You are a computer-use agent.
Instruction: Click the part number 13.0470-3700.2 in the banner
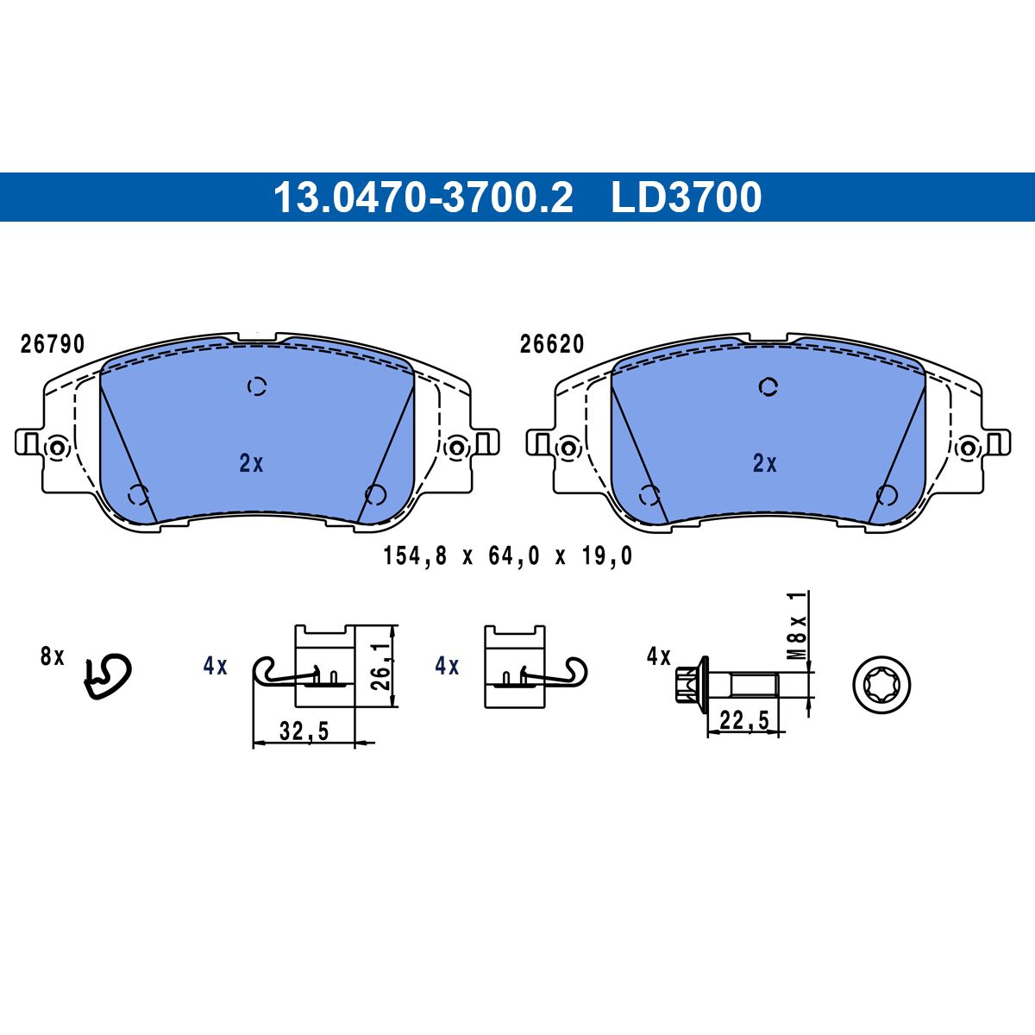[x=423, y=198]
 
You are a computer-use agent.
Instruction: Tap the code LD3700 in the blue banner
[x=687, y=198]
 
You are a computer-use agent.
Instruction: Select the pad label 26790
[x=53, y=344]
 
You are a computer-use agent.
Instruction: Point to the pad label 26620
[x=552, y=344]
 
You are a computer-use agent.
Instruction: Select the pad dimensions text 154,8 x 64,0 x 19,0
[x=507, y=556]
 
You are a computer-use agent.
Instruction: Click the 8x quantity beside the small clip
[x=52, y=656]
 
